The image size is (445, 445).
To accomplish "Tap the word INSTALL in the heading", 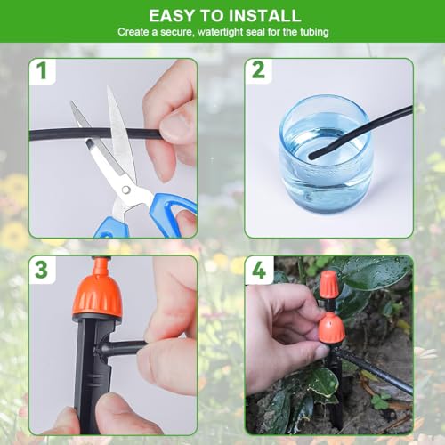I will coord(263,15).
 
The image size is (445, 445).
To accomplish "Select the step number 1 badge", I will coord(42,71).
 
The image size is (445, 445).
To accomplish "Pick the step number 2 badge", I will coord(258,71).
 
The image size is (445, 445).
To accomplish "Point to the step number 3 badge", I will coord(42,269).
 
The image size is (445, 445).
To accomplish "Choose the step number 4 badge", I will coord(258,269).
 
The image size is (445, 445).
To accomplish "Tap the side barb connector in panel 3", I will coord(125,348).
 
